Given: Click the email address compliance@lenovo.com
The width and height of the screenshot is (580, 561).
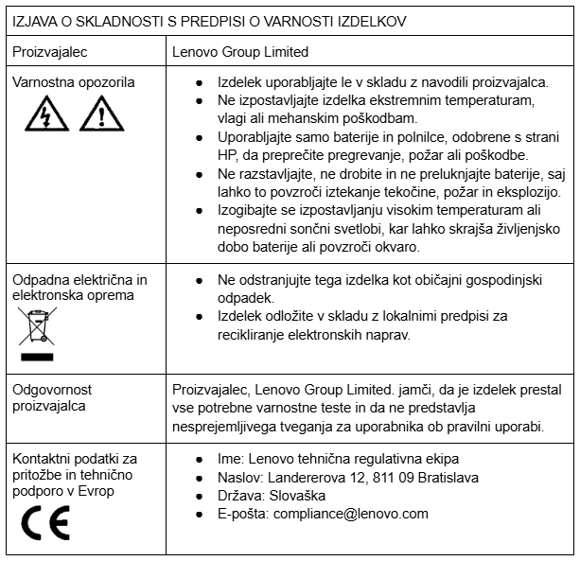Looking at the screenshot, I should (x=350, y=514).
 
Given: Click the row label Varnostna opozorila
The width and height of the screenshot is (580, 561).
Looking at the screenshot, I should (x=74, y=82).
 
